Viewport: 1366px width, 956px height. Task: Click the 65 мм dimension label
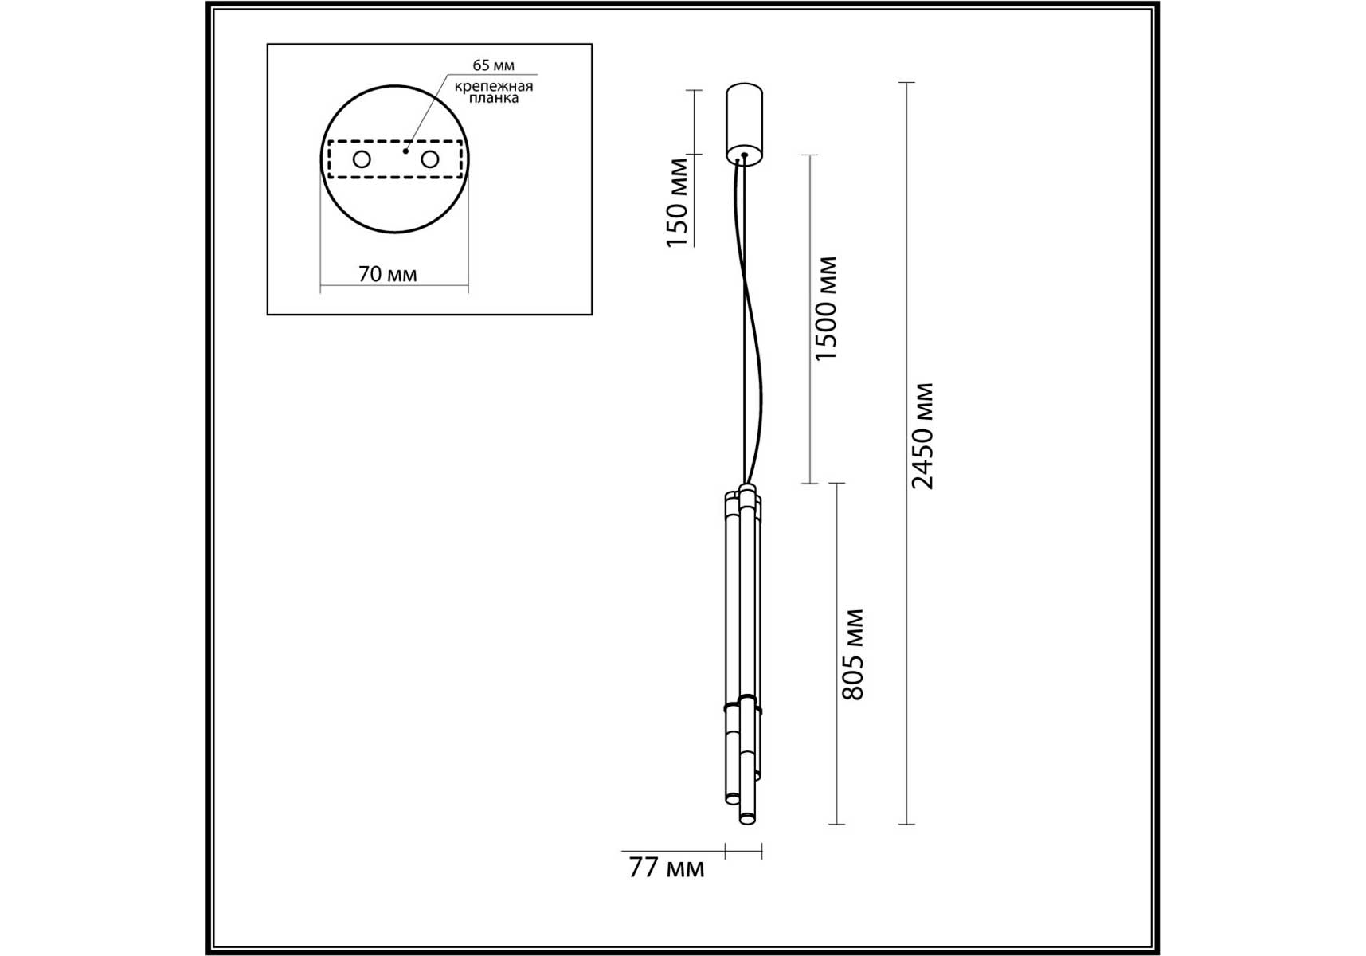coord(493,65)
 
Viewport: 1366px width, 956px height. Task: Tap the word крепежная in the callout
coord(494,86)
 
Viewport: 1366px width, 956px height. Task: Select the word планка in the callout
coord(494,98)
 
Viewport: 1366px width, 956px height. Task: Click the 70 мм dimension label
coord(387,274)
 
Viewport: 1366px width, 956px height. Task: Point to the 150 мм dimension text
coord(677,202)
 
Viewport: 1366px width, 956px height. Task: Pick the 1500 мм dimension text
coord(826,308)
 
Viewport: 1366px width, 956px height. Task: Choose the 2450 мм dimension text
coord(922,436)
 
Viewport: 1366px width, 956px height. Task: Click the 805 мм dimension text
coord(852,655)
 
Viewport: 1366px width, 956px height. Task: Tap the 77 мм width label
coord(667,868)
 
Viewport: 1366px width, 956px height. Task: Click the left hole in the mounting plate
coord(362,159)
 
